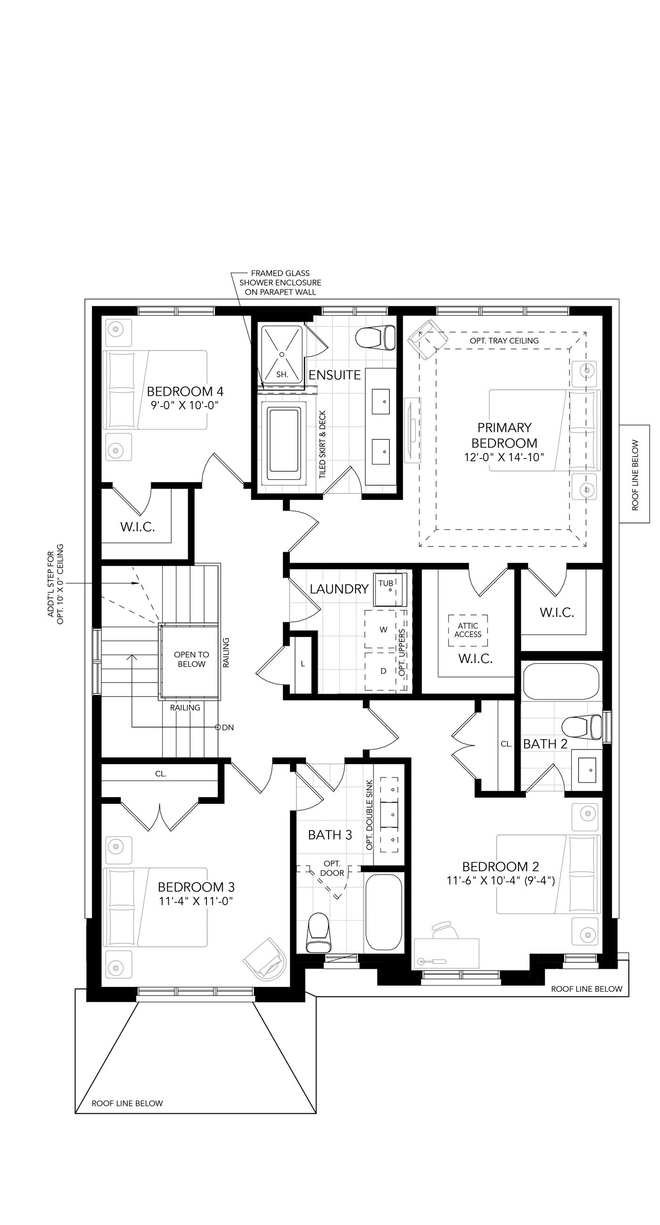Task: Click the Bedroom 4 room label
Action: tap(185, 392)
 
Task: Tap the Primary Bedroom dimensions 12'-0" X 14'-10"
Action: tap(504, 457)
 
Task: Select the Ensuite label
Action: tap(335, 375)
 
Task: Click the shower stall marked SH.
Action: tap(283, 354)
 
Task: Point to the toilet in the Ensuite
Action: tap(375, 337)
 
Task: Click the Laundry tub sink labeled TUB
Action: tap(390, 589)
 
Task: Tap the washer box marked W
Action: tap(384, 629)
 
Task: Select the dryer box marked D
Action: tap(384, 671)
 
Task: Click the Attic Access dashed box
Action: tap(468, 630)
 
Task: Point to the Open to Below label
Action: tap(191, 659)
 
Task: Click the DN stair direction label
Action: tap(228, 727)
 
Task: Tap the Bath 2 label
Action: tap(545, 744)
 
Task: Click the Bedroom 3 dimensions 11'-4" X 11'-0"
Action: tap(196, 901)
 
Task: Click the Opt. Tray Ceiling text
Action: tap(504, 341)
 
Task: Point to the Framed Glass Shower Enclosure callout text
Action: tap(280, 283)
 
